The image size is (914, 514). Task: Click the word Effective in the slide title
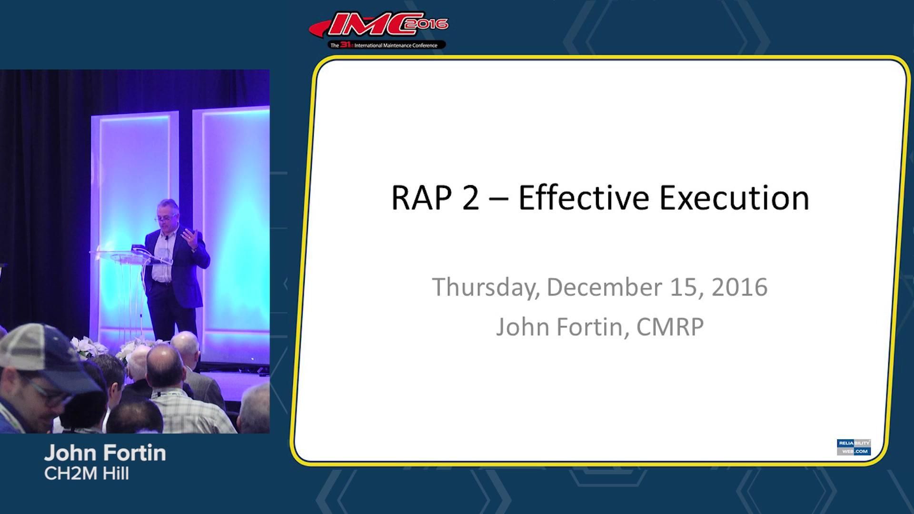pos(583,198)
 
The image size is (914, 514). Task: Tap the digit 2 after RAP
pos(470,198)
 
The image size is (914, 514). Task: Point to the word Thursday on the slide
pos(486,287)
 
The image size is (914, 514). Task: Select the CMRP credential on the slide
pos(670,327)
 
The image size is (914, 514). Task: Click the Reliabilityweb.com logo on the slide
pos(854,447)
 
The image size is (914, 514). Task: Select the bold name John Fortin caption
pos(105,453)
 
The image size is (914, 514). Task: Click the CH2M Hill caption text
pos(86,474)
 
